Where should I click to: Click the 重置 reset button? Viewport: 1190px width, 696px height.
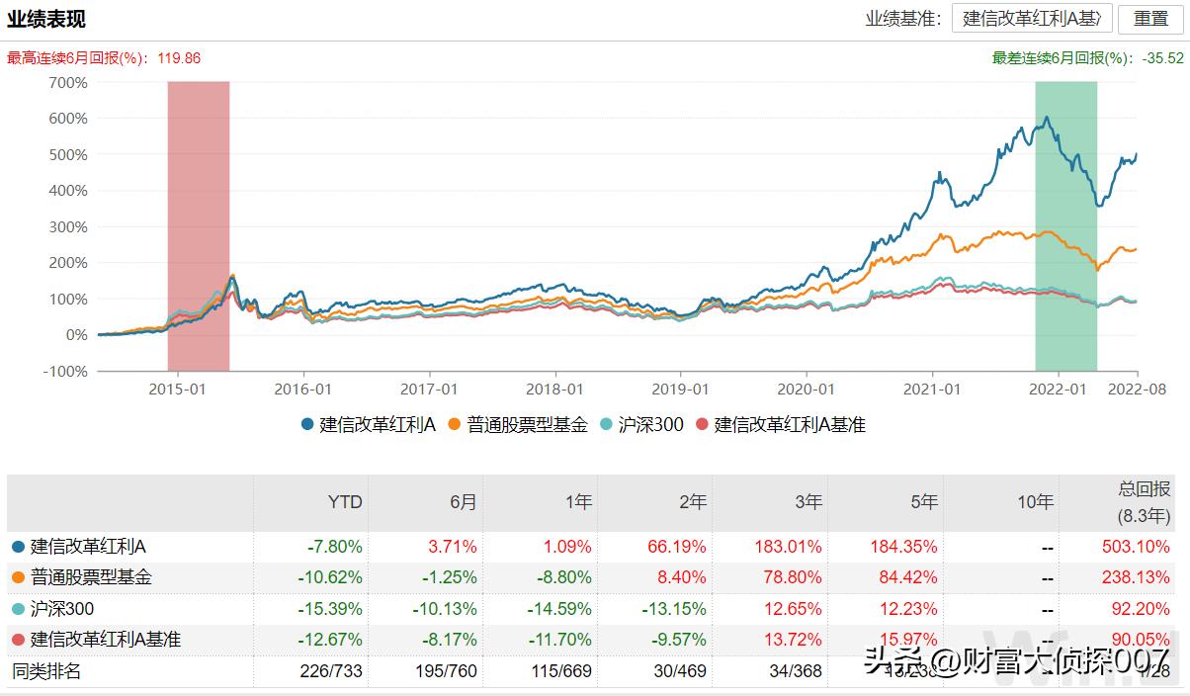pyautogui.click(x=1150, y=19)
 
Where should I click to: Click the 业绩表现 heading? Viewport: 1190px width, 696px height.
pyautogui.click(x=46, y=19)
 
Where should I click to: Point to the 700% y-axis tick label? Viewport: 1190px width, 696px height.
pyautogui.click(x=68, y=83)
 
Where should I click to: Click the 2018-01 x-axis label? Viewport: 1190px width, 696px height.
pyautogui.click(x=556, y=390)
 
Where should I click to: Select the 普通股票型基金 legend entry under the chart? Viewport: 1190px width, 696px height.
pyautogui.click(x=518, y=425)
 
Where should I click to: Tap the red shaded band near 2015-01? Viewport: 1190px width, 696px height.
pyautogui.click(x=199, y=217)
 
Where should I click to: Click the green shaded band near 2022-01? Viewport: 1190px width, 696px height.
pyautogui.click(x=1065, y=217)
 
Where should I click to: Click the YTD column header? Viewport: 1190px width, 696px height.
pyautogui.click(x=345, y=502)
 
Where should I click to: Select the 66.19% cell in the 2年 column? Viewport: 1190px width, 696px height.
pyautogui.click(x=681, y=547)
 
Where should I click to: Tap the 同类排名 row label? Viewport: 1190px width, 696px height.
pyautogui.click(x=46, y=672)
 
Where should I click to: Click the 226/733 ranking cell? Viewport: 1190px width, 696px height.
pyautogui.click(x=331, y=672)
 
